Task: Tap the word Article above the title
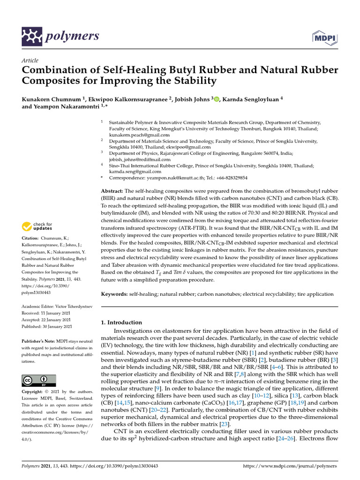(30, 60)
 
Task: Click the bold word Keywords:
(115, 294)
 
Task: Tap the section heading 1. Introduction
(121, 322)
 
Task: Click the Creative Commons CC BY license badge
(39, 380)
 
